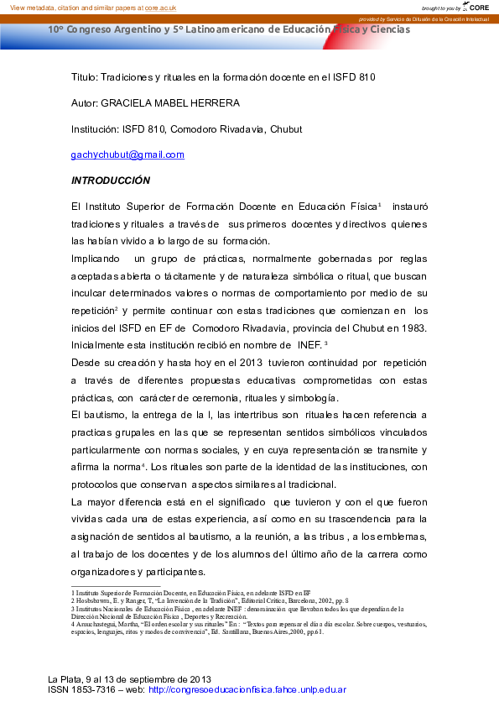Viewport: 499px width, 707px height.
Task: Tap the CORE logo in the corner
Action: pyautogui.click(x=480, y=7)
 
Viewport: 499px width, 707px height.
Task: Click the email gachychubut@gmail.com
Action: pyautogui.click(x=127, y=154)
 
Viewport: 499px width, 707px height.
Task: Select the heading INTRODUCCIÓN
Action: pyautogui.click(x=111, y=181)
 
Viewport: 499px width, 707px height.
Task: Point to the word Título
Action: pyautogui.click(x=84, y=76)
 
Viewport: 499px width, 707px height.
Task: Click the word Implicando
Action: pyautogui.click(x=96, y=258)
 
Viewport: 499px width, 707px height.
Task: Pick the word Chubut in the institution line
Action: pyautogui.click(x=285, y=128)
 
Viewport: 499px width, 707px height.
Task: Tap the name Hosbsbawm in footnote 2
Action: pyautogui.click(x=96, y=600)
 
